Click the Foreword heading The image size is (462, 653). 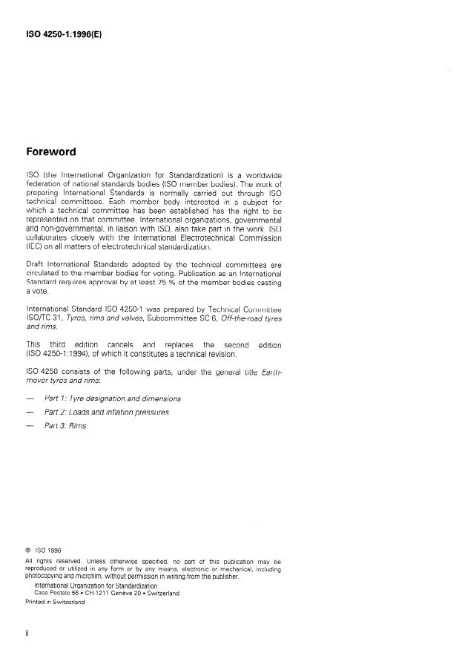tap(50, 152)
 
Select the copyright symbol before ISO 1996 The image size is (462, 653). tap(28, 550)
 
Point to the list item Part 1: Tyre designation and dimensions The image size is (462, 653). tap(112, 398)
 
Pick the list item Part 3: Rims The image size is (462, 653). tap(67, 426)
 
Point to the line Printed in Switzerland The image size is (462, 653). tap(55, 602)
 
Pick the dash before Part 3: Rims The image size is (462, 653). tap(30, 427)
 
